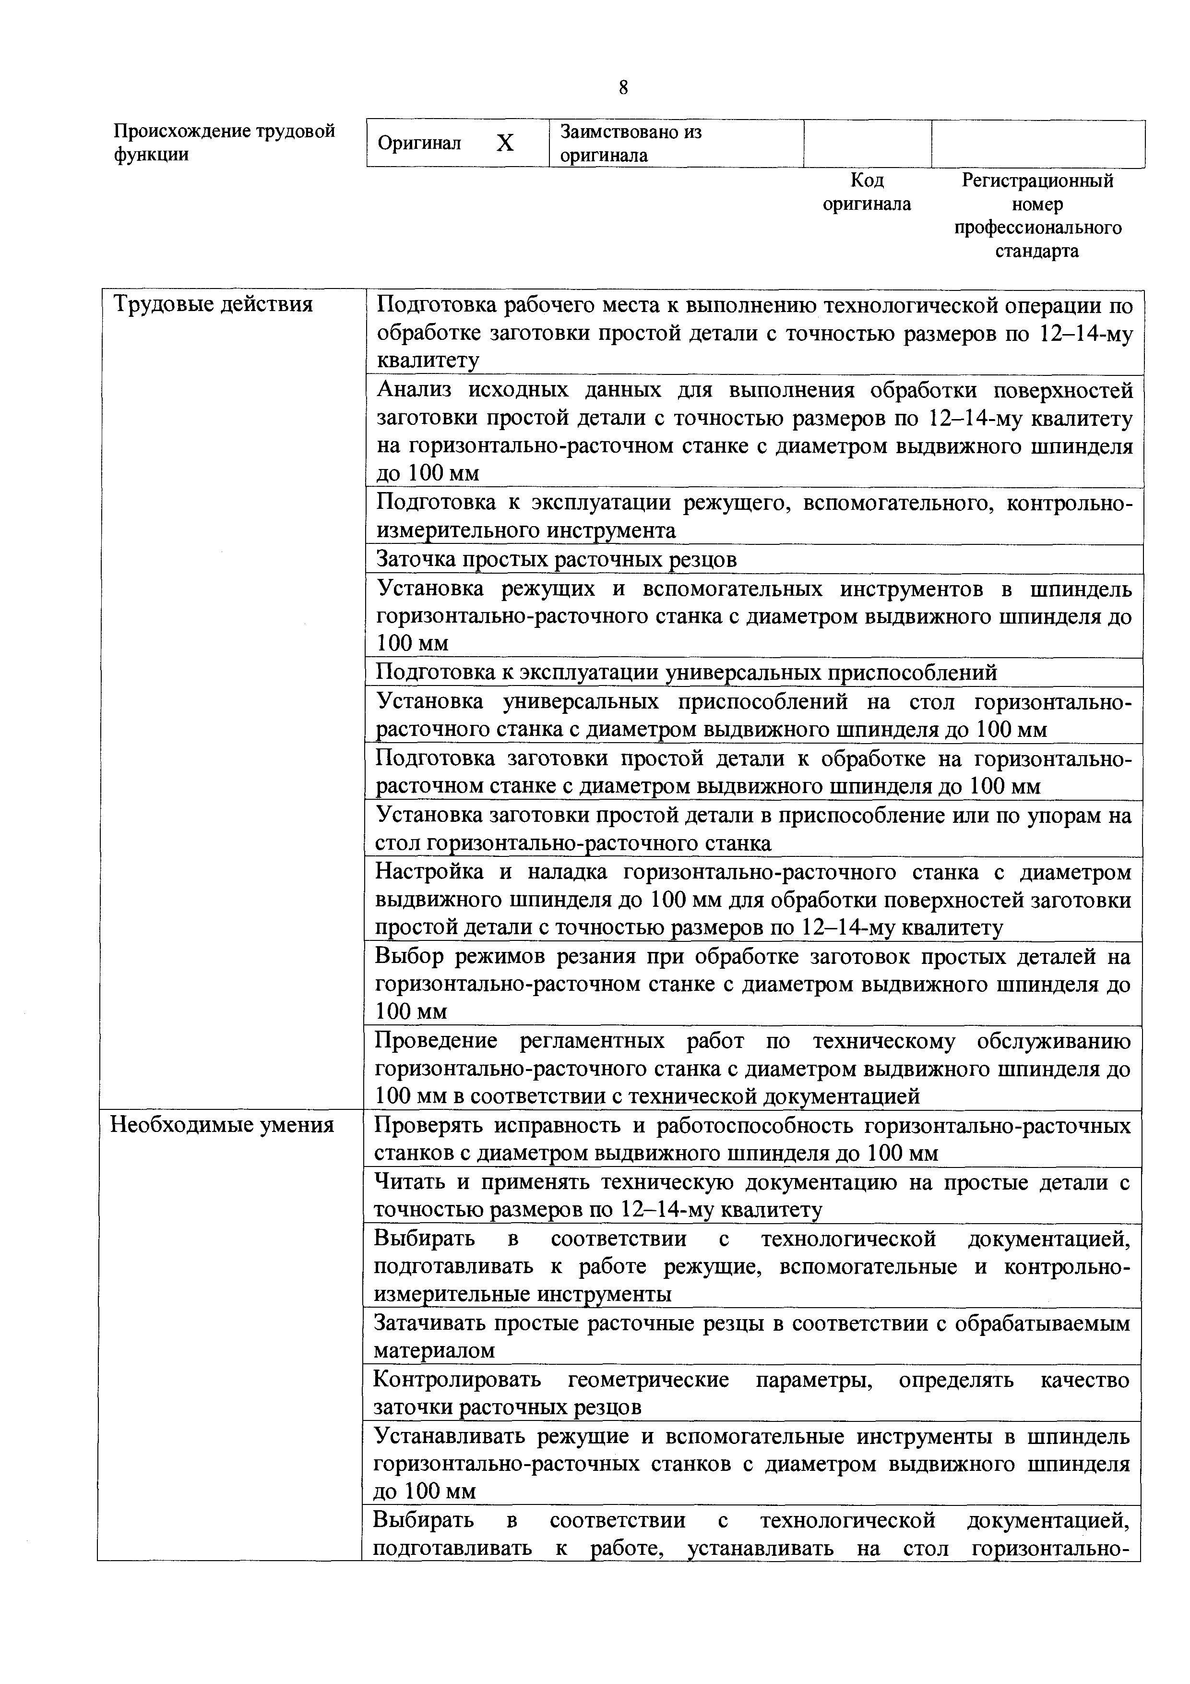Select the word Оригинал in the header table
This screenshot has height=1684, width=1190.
(419, 144)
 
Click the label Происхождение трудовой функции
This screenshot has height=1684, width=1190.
(225, 143)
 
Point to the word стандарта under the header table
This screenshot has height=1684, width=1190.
(1037, 252)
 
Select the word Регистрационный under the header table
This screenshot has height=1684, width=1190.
(1037, 180)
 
